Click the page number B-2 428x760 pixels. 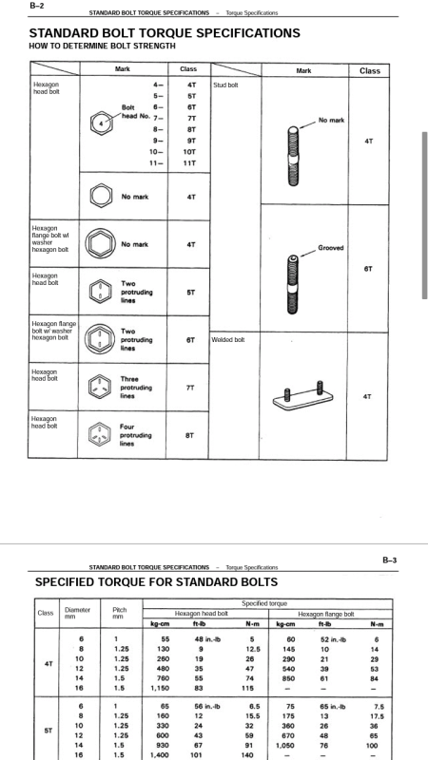pyautogui.click(x=36, y=6)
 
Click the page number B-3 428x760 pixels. pyautogui.click(x=389, y=560)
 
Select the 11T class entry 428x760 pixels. pyautogui.click(x=189, y=162)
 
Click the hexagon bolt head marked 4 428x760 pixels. pyautogui.click(x=102, y=123)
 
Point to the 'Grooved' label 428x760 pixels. pyautogui.click(x=330, y=248)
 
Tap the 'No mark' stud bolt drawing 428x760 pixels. pyautogui.click(x=293, y=156)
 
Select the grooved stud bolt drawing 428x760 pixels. pyautogui.click(x=292, y=284)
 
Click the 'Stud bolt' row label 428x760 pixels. pyautogui.click(x=225, y=85)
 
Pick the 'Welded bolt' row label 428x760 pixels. pyautogui.click(x=228, y=340)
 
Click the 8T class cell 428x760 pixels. pyautogui.click(x=189, y=435)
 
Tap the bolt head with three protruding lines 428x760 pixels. pyautogui.click(x=100, y=387)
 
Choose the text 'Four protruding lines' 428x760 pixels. pyautogui.click(x=136, y=435)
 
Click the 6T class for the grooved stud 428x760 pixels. pyautogui.click(x=368, y=269)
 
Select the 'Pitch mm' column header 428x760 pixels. pyautogui.click(x=120, y=613)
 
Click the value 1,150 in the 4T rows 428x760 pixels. pyautogui.click(x=160, y=688)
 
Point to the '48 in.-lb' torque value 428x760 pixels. pyautogui.click(x=207, y=639)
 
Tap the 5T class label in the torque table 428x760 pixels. pyautogui.click(x=49, y=731)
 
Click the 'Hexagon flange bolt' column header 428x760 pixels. pyautogui.click(x=326, y=614)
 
